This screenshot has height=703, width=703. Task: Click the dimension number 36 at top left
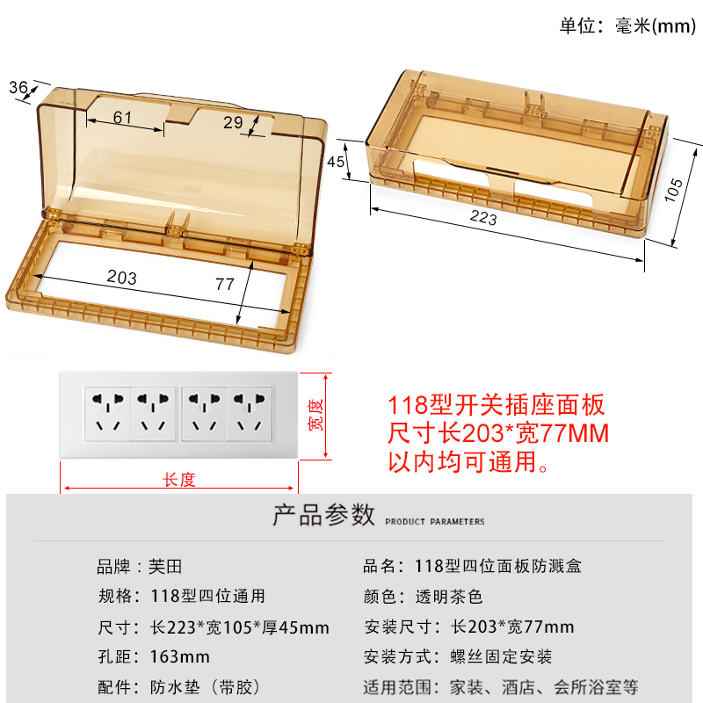(18, 87)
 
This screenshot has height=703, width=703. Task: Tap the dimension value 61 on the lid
(122, 118)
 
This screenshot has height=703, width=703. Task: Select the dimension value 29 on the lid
(233, 122)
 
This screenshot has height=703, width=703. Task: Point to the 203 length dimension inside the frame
(121, 277)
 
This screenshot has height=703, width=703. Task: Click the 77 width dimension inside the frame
(225, 284)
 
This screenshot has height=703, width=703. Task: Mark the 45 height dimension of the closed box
(337, 161)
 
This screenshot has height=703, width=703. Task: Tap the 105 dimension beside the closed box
(673, 192)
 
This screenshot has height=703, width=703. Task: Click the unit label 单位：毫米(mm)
(627, 26)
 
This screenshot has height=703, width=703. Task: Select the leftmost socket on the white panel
(108, 414)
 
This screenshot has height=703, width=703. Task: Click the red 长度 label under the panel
(179, 480)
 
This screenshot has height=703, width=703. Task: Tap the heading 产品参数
(324, 515)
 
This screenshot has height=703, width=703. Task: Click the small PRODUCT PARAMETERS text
(435, 522)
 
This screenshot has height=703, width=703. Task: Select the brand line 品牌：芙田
(140, 567)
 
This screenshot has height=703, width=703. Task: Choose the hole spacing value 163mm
(181, 656)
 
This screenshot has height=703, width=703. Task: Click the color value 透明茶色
(450, 597)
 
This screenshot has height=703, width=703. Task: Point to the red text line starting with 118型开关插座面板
(497, 406)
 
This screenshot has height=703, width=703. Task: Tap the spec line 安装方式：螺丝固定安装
(458, 656)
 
